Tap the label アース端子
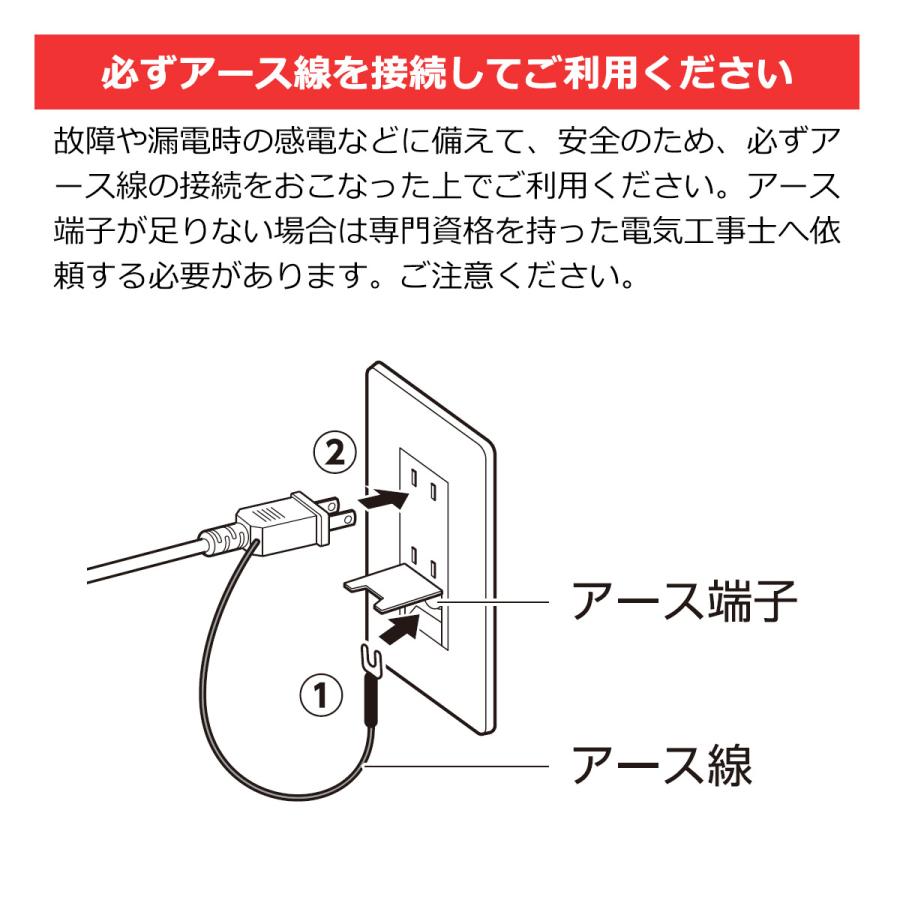(684, 604)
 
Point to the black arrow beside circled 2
(385, 498)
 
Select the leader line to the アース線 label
(460, 767)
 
